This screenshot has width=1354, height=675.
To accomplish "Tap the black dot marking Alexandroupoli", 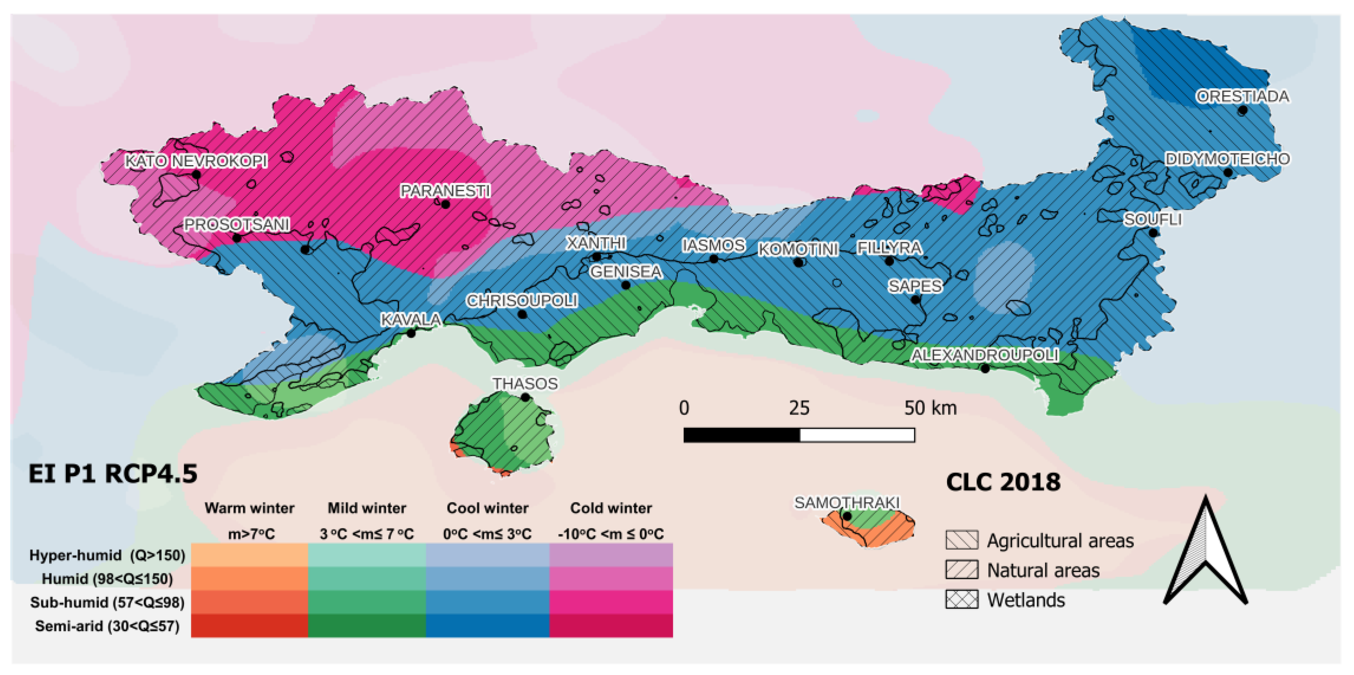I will (985, 369).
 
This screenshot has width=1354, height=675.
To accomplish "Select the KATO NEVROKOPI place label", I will (196, 161).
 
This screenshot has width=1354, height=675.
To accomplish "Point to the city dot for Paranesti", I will (445, 204).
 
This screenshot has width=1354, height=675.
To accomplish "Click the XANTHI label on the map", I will (596, 243).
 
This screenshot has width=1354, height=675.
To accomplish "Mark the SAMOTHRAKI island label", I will (846, 503).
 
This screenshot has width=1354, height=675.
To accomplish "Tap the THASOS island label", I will (525, 383).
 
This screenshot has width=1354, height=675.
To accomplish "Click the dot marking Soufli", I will (1153, 232).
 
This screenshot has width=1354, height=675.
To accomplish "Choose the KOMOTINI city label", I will (798, 249).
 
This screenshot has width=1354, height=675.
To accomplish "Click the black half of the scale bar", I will (741, 435).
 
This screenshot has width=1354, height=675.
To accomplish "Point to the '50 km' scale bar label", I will (930, 408).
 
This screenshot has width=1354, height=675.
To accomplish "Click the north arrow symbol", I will (1205, 552).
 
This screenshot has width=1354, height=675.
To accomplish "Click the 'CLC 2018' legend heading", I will (1003, 482).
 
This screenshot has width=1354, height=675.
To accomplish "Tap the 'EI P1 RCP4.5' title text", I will (113, 474).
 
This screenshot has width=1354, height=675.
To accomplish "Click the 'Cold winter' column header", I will (611, 508).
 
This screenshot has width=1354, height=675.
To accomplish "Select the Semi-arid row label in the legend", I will (107, 626).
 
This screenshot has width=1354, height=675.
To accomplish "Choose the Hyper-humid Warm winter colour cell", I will (249, 555).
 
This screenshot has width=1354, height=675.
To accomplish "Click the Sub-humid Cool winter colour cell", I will (487, 602).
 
